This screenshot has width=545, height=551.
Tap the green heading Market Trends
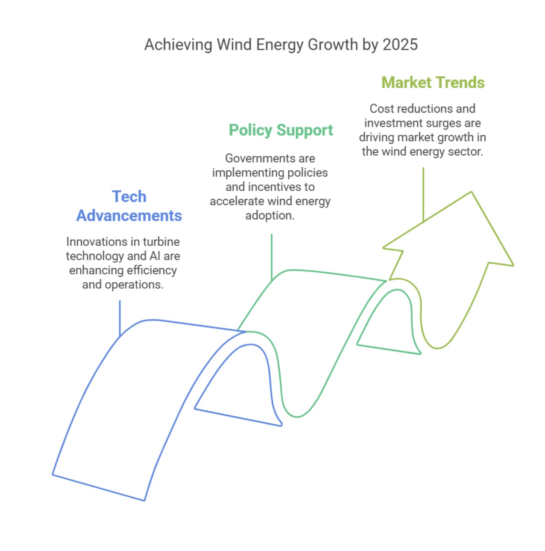tap(433, 83)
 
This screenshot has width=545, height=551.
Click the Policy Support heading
tap(281, 130)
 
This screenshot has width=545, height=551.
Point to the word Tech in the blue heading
tap(129, 197)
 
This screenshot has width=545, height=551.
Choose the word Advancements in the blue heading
tap(129, 216)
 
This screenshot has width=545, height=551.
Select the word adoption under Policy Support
tap(270, 216)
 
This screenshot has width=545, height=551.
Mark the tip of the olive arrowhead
tap(471, 192)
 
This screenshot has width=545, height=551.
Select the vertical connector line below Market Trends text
tap(423, 195)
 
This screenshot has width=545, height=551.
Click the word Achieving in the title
tap(178, 45)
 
